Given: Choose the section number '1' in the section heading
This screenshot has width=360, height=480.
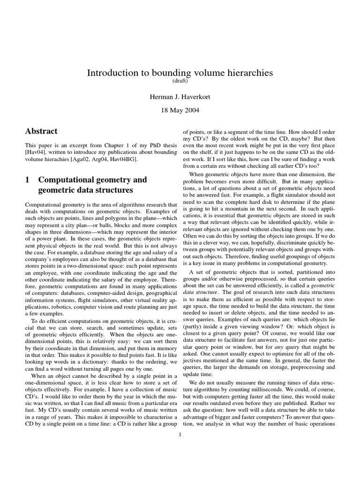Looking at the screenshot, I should click(28, 180).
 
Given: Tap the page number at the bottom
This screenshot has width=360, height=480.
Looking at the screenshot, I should click(180, 434).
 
